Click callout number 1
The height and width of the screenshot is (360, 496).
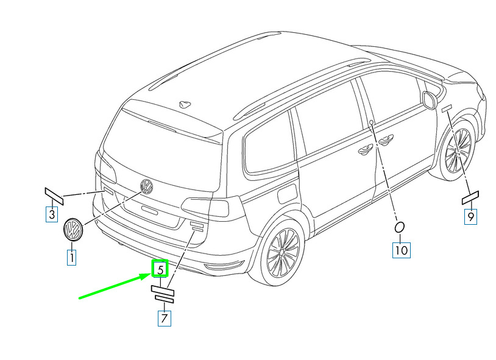pos(72,258)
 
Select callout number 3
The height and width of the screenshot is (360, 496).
pos(52,214)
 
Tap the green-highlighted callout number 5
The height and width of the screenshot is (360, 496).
pos(160,269)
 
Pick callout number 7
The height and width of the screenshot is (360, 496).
pos(164,318)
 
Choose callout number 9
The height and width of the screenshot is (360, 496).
pos(470,217)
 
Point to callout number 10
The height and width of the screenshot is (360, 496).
pos(402,250)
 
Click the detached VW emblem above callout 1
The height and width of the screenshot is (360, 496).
pos(73,229)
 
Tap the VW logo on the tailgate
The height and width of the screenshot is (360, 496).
pos(146,186)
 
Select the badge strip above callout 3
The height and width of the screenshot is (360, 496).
pos(54,196)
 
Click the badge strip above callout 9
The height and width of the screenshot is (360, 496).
pos(470,198)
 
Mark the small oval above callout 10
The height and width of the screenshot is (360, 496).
pos(399,227)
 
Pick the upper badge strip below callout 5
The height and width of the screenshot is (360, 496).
pos(163,291)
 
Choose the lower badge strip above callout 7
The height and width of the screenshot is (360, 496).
pos(164,299)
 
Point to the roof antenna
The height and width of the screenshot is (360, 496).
pos(185,104)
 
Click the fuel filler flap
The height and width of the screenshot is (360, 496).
pos(287,194)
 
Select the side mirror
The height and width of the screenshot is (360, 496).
pos(429,100)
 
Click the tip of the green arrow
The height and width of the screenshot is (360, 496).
pos(150,275)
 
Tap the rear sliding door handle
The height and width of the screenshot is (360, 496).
pos(365,150)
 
